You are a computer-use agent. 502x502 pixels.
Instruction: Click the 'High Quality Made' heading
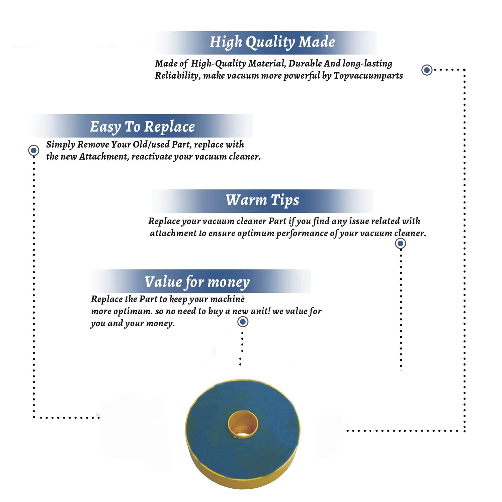(272, 43)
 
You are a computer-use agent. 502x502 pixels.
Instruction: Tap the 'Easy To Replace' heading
(142, 127)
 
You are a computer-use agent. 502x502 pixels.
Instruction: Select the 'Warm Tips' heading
(262, 200)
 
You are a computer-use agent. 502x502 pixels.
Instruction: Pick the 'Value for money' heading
(197, 282)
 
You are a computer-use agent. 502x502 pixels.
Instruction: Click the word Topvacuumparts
(368, 76)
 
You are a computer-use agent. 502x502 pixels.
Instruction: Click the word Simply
(61, 145)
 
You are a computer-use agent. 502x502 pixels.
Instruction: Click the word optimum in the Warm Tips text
(255, 233)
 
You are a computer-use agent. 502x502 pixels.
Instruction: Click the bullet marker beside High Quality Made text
(427, 70)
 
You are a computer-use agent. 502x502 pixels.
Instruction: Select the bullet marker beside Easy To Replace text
(33, 150)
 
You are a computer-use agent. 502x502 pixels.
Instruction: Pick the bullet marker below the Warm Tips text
(400, 243)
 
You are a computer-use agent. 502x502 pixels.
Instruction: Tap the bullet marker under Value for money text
(243, 322)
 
